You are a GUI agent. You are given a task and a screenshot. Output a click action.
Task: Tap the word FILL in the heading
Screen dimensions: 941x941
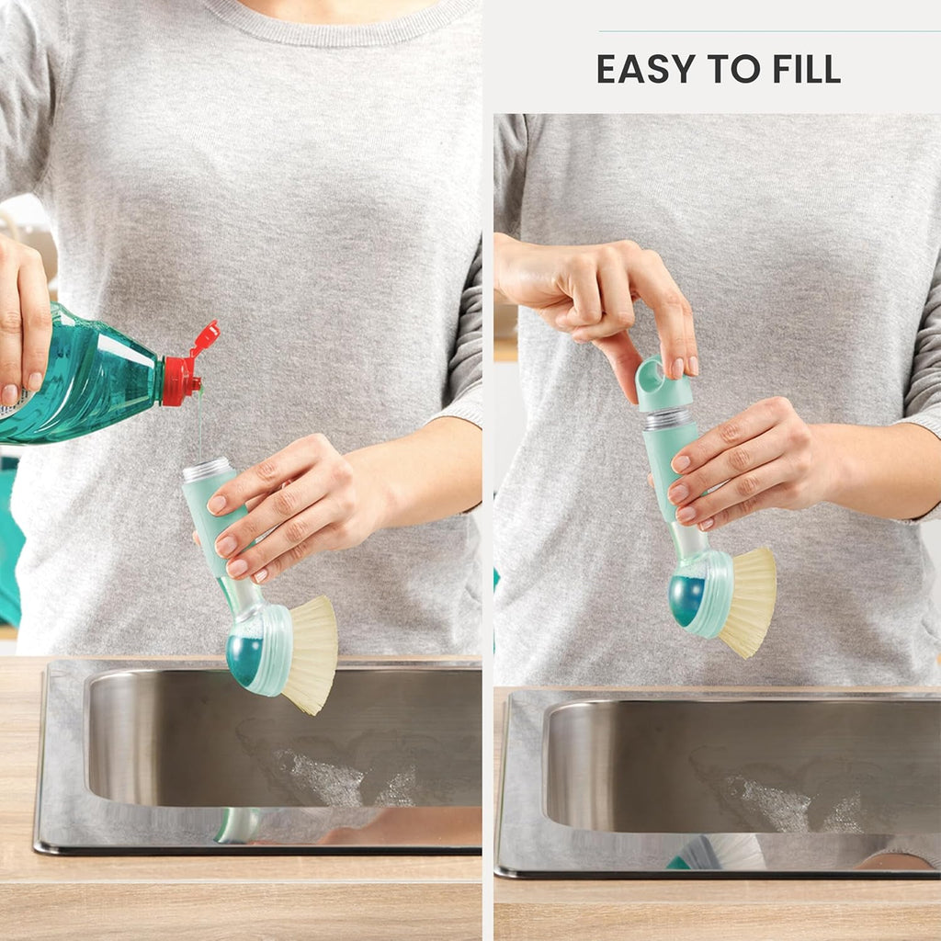pyautogui.click(x=807, y=68)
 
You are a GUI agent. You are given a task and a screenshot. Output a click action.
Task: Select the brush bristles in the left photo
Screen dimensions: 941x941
pyautogui.click(x=311, y=655)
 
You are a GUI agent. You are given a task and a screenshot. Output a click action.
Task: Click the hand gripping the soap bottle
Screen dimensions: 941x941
pyautogui.click(x=24, y=318)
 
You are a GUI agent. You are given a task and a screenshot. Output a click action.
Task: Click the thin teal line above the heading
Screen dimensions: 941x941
pyautogui.click(x=770, y=31)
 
